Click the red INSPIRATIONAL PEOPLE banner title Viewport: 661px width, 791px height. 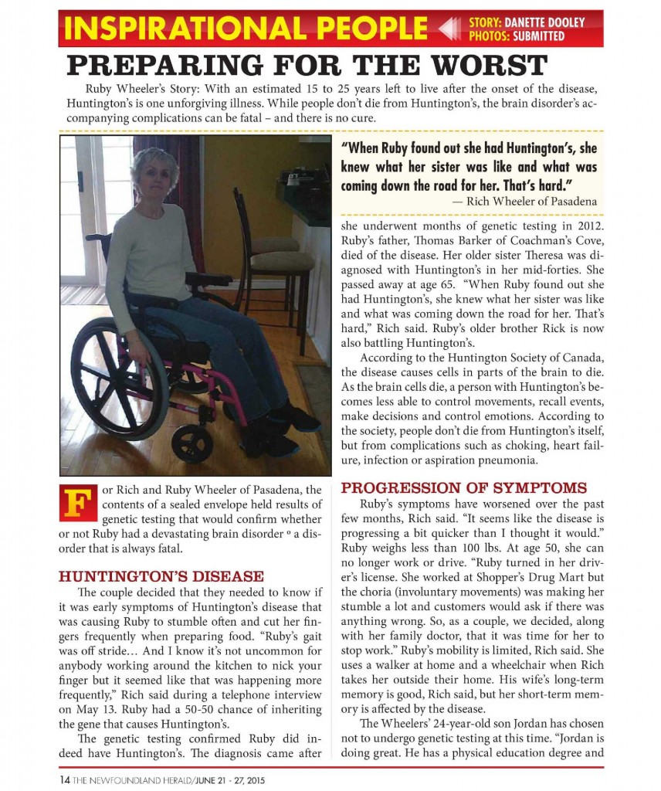click(x=246, y=29)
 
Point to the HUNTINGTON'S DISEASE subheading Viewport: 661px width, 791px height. click(x=161, y=576)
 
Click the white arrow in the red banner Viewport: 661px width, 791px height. click(x=450, y=29)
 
